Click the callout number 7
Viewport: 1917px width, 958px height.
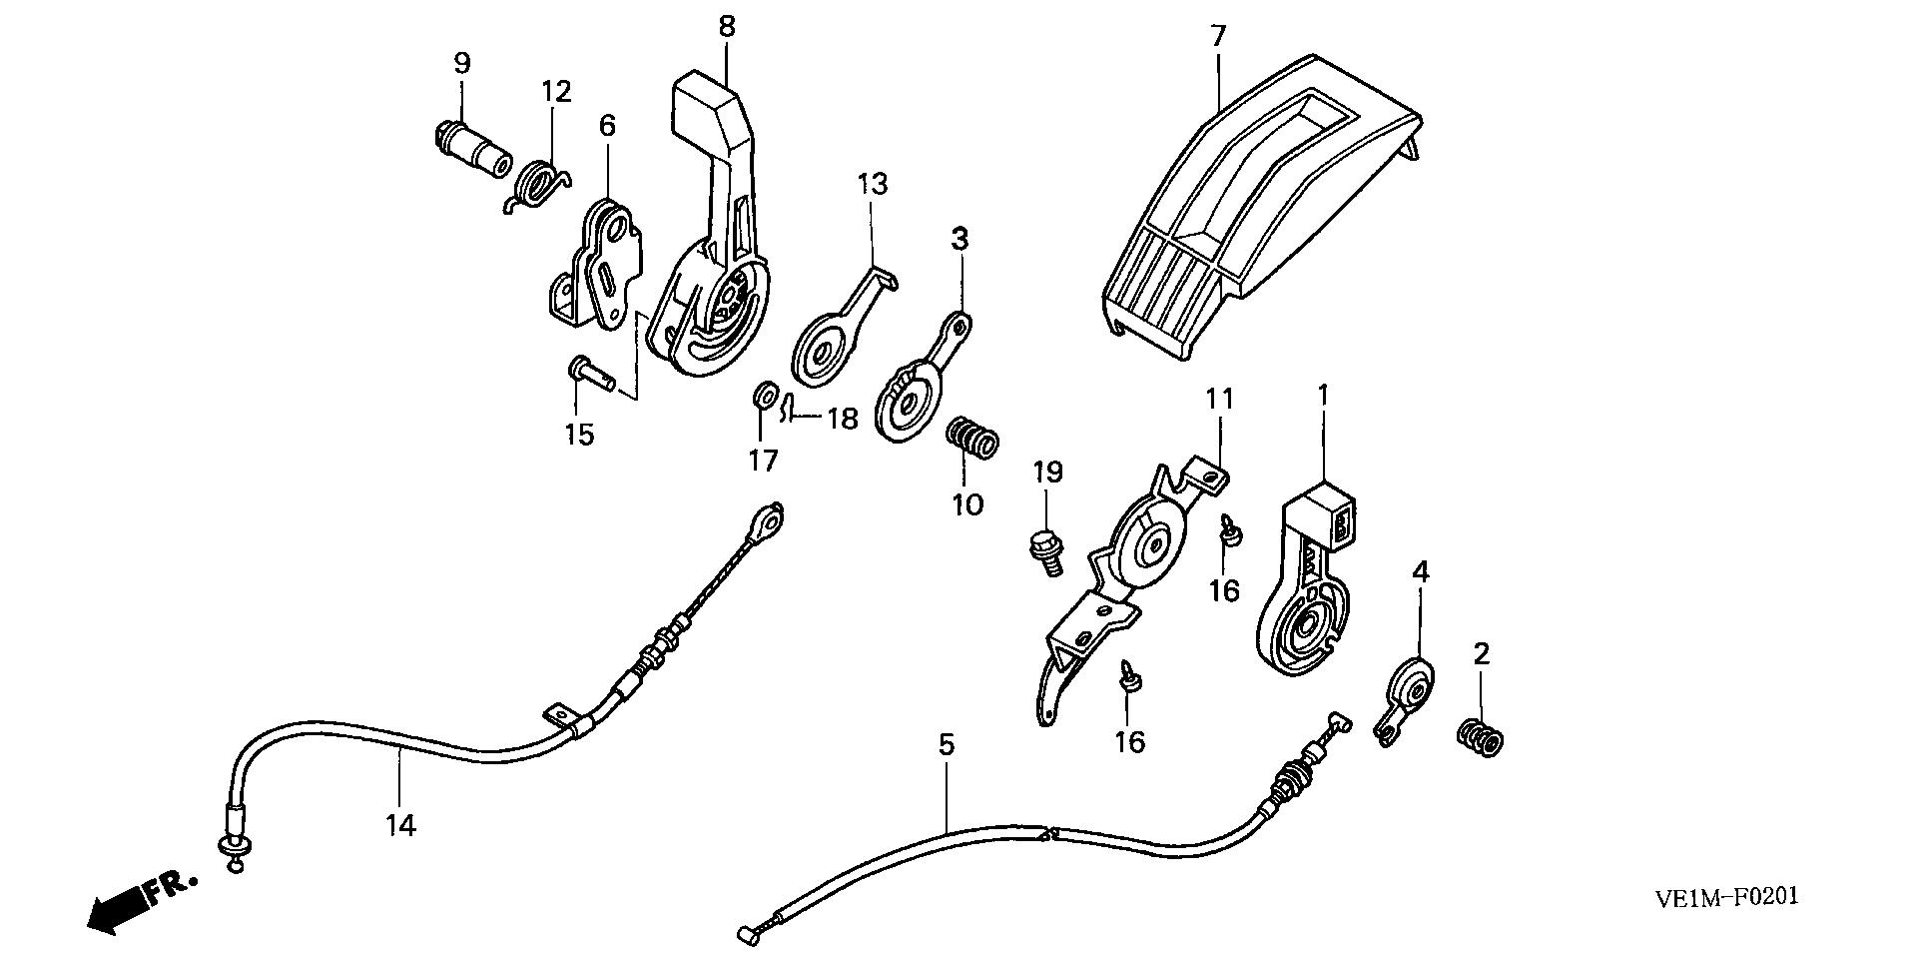coord(1217,36)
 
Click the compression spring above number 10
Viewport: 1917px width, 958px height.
coord(971,437)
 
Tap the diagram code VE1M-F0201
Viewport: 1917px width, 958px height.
coord(1725,897)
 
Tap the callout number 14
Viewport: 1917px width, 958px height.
coord(401,825)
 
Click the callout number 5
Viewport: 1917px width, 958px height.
coord(946,744)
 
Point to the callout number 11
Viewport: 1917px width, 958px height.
coord(1220,400)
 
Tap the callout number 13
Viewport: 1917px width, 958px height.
coord(872,184)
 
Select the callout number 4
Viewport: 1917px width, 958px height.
coord(1420,572)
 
